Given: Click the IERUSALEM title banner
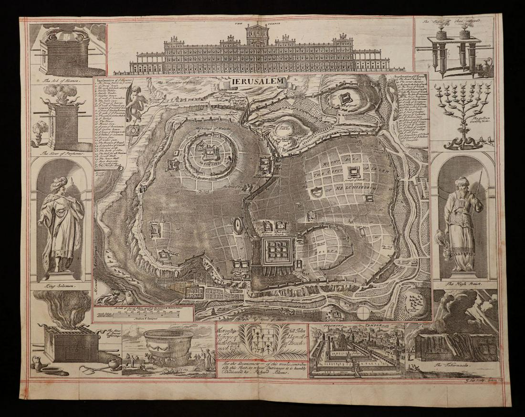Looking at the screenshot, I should tap(259, 82).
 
